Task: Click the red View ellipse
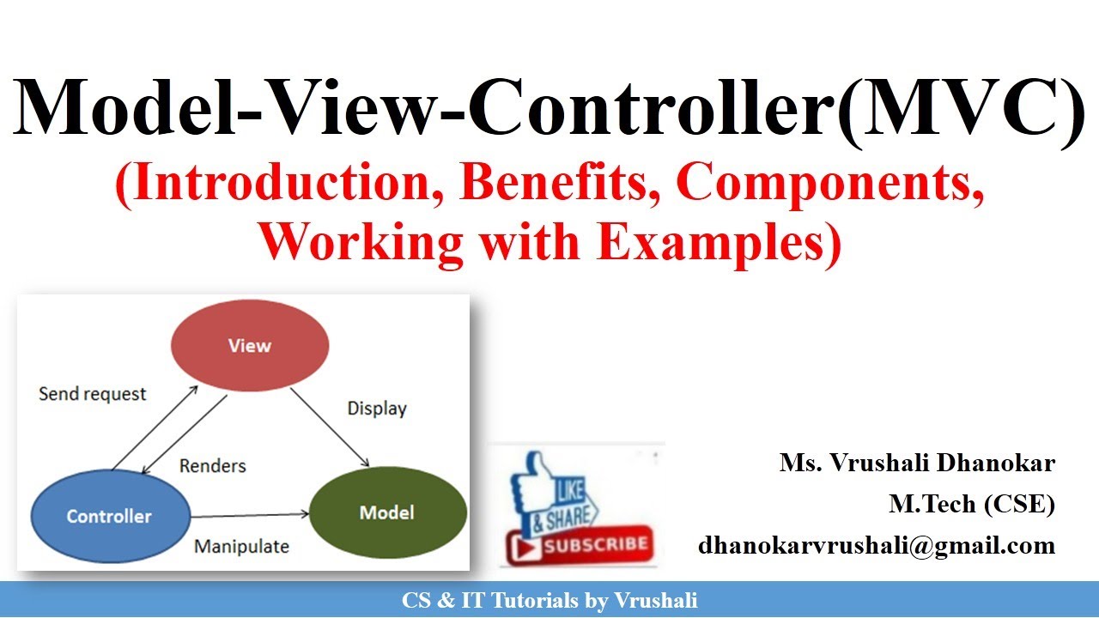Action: [250, 345]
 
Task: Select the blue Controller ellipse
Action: [109, 516]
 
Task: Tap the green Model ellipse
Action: [386, 512]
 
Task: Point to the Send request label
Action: [93, 394]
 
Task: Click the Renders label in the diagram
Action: [212, 466]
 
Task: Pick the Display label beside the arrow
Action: [376, 409]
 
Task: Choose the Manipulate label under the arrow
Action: [241, 546]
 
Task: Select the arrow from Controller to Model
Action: [249, 516]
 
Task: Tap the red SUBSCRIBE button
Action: [582, 544]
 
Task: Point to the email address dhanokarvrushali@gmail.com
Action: [876, 545]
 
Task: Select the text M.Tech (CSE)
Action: [971, 505]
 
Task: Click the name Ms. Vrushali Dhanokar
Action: [917, 463]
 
